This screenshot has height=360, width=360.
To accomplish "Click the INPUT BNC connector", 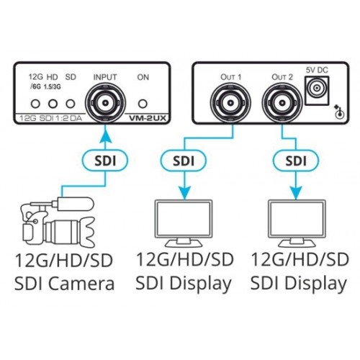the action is (x=105, y=103).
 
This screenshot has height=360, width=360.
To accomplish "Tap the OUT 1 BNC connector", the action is (x=230, y=103).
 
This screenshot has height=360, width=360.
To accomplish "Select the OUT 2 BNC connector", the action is (x=282, y=103).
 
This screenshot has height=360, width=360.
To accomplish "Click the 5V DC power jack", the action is (x=317, y=91).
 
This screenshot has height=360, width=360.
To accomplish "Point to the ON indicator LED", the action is (x=143, y=104).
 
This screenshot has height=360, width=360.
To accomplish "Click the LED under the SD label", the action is (x=71, y=104).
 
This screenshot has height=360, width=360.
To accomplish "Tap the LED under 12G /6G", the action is (x=35, y=104).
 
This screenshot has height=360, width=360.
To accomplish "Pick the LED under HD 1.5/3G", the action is (x=53, y=104).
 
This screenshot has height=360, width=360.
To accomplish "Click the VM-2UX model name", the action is (x=148, y=118).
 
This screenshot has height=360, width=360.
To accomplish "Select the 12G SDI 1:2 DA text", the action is (x=50, y=118).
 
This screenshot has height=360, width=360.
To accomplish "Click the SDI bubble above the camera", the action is (x=105, y=161).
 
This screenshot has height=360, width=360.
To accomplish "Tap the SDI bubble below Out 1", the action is (x=184, y=161).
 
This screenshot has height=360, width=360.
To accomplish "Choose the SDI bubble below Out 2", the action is (x=296, y=161).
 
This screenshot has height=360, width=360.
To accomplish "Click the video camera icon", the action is (x=58, y=222).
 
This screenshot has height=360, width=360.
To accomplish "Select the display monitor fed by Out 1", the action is (x=184, y=224).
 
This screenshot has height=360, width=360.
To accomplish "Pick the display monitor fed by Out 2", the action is (x=297, y=224).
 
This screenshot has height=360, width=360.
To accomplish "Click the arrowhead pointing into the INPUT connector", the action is (x=105, y=135).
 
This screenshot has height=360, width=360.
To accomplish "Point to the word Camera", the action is (x=83, y=284).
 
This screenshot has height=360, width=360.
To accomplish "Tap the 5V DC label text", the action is (x=317, y=70).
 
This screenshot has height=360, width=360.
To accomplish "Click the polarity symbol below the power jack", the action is (x=339, y=112).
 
